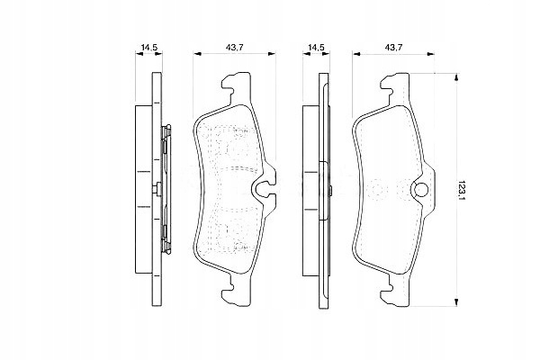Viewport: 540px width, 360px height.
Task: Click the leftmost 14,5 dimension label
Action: pyautogui.click(x=149, y=48)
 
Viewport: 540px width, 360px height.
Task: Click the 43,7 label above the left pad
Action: pyautogui.click(x=235, y=48)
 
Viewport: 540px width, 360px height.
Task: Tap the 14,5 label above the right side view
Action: pyautogui.click(x=316, y=48)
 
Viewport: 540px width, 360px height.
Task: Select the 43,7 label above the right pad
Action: pyautogui.click(x=393, y=48)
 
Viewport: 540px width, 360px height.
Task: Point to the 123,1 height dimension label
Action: pyautogui.click(x=461, y=190)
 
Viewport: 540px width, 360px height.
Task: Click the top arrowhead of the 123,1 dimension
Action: pyautogui.click(x=456, y=77)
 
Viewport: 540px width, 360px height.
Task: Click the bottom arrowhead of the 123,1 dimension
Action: pyautogui.click(x=456, y=302)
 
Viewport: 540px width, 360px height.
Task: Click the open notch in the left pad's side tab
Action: pyautogui.click(x=263, y=189)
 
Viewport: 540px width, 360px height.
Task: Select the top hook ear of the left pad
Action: pyautogui.click(x=236, y=86)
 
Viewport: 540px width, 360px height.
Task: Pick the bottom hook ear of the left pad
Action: pyautogui.click(x=236, y=291)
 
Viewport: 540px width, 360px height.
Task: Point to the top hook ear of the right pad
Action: pyautogui.click(x=395, y=86)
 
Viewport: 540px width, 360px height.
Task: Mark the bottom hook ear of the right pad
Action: pyautogui.click(x=395, y=291)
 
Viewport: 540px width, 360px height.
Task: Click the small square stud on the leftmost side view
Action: pyautogui.click(x=156, y=189)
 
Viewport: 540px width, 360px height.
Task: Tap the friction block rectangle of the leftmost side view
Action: pyautogui.click(x=143, y=189)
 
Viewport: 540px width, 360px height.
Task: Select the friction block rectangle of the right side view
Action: pyautogui.click(x=310, y=191)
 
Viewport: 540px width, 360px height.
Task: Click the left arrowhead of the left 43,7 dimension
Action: pyautogui.click(x=196, y=54)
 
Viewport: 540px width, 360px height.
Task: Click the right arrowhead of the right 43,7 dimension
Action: pyautogui.click(x=430, y=54)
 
